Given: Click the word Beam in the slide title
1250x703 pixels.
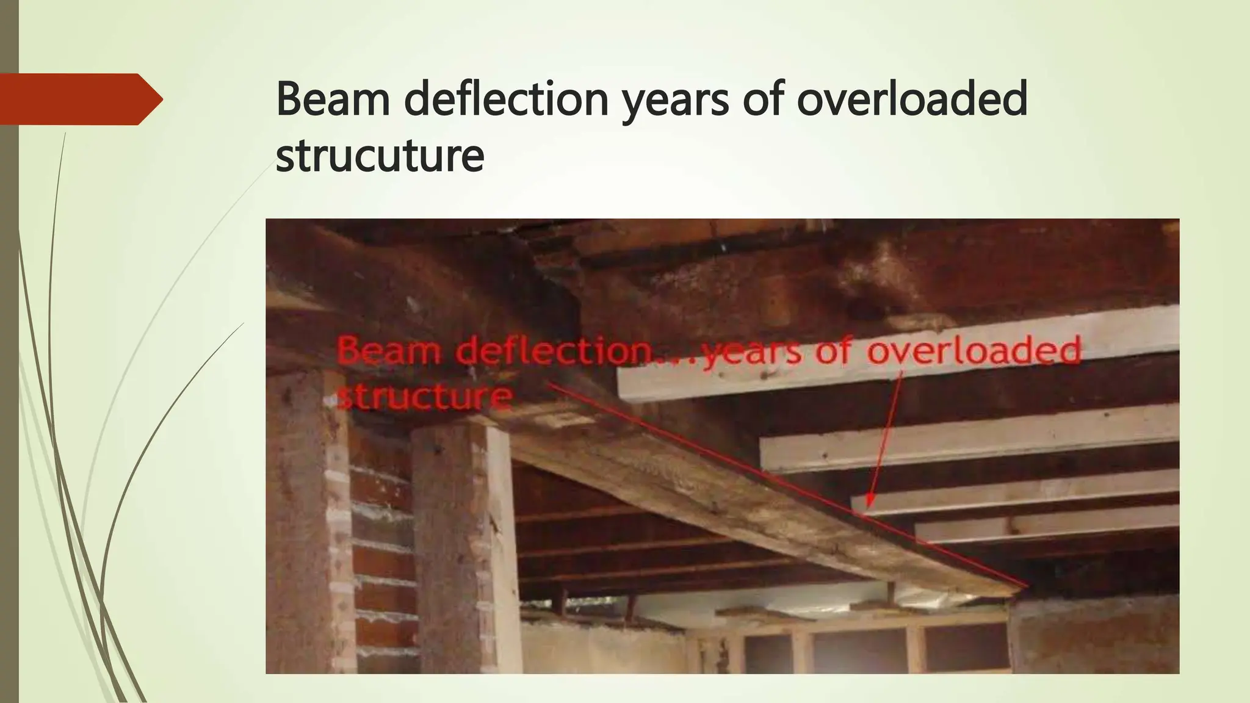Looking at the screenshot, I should coord(333,99).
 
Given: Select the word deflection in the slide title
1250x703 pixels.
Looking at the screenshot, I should coord(506,99).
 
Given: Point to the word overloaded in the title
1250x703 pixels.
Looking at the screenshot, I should coord(912,99).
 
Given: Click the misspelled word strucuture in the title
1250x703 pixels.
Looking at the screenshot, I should coord(380,156).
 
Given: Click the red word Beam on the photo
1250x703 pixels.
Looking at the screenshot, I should coord(389,351).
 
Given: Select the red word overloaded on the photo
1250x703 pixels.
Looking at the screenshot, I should coord(974,351).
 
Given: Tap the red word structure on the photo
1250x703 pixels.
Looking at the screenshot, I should coord(425,397).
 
